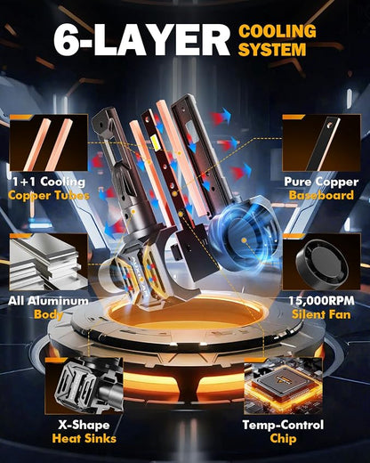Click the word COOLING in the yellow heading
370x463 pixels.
pos(277,31)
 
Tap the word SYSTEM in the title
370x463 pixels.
pos(272,49)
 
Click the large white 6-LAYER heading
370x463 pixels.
pos(141,41)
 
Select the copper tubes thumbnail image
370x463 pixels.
pos(49,142)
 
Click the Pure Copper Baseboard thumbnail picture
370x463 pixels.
pos(321,142)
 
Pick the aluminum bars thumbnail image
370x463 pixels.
pos(49,262)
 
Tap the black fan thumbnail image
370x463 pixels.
pos(321,262)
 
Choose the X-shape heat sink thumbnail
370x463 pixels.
pos(84,386)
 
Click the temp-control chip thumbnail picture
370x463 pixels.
pos(283,386)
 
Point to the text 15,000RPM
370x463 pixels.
pos(321,301)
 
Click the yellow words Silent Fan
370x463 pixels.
pos(321,314)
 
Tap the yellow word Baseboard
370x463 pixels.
pos(321,195)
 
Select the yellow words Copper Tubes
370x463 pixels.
pos(49,196)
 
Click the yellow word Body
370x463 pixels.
pos(48,314)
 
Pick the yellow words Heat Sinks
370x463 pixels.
pos(84,438)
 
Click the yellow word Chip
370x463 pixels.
pos(283,439)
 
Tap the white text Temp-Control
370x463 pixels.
pos(283,425)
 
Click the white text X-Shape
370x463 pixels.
pos(84,425)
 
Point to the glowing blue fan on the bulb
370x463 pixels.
pos(244,240)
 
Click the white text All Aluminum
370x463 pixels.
pos(48,301)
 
